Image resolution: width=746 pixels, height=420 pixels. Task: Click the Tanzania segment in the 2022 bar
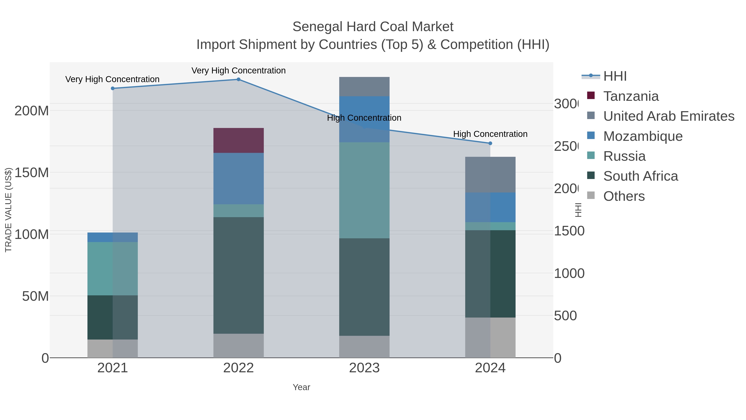pos(238,140)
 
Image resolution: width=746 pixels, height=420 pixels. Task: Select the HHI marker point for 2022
pos(238,79)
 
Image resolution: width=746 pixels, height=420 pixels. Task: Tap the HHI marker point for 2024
pos(490,143)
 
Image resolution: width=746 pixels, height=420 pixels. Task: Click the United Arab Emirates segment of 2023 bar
pos(364,86)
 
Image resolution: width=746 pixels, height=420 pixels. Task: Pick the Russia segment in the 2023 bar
pos(364,190)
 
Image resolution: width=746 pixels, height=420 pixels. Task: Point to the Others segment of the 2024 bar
pos(490,337)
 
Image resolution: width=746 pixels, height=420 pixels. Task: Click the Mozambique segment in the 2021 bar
pos(112,237)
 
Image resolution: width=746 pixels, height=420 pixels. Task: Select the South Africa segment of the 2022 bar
pos(238,275)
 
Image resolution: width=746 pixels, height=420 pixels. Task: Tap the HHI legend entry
pos(615,76)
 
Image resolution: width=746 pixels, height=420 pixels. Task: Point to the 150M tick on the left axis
pos(31,173)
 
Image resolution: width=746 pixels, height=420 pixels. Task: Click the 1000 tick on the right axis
pos(569,273)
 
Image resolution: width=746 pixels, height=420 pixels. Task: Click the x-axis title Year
pos(301,387)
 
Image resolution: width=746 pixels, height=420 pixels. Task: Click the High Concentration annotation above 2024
pos(490,134)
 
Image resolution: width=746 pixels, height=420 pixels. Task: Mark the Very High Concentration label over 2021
pos(112,79)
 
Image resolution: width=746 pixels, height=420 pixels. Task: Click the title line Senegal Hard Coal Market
pos(373,27)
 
